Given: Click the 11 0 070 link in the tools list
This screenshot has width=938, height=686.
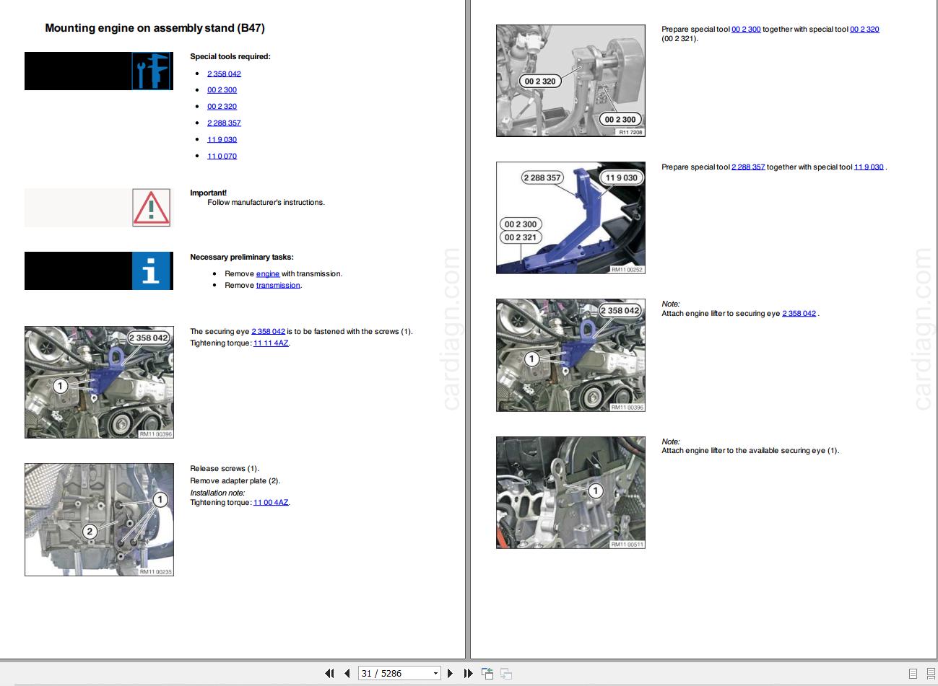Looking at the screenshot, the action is click(222, 156).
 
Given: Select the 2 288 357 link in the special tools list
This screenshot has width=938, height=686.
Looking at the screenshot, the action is click(224, 123).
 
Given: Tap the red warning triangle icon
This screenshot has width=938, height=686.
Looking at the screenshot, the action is click(151, 208).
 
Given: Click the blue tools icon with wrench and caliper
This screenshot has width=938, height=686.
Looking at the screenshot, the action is click(152, 71).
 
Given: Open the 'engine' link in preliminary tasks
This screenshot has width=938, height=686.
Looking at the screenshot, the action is click(268, 273).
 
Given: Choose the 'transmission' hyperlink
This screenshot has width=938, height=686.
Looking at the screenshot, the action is click(278, 285).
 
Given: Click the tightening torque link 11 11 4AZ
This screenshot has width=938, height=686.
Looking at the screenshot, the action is click(271, 343).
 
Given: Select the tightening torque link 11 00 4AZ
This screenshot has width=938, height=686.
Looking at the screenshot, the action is click(271, 502).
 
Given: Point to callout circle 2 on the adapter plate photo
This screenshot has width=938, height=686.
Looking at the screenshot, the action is click(90, 532).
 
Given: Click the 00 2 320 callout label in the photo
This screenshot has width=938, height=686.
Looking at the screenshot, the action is click(540, 81).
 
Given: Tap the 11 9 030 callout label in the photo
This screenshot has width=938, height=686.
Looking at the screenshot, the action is click(622, 177).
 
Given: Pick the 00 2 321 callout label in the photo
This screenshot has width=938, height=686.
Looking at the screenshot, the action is click(521, 237).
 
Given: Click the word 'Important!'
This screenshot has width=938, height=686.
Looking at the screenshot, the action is click(208, 193).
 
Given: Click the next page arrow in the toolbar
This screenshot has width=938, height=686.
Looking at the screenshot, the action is click(450, 673).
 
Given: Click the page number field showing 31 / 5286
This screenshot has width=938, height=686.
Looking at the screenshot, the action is click(399, 673).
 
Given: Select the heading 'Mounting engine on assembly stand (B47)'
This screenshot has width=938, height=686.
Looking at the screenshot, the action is click(155, 28).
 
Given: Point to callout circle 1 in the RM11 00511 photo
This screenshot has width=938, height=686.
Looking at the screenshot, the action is click(596, 491).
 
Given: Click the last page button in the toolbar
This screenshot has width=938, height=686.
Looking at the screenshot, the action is click(468, 673).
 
